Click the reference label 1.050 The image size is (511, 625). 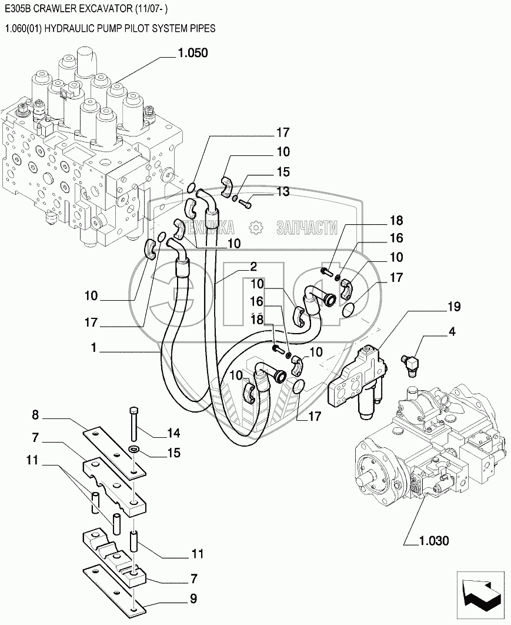pos(193,53)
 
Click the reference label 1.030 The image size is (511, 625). pos(434,541)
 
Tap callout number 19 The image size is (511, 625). pos(453,307)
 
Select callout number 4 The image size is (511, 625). pos(452,332)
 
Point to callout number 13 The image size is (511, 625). pos(283,191)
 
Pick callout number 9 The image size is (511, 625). pos(193,599)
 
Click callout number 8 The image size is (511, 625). pos(35,415)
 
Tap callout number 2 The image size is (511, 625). pos(253,266)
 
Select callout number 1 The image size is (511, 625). pos(94,348)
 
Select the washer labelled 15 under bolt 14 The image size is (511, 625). pos(135,450)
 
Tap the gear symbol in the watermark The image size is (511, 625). pos(256,227)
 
